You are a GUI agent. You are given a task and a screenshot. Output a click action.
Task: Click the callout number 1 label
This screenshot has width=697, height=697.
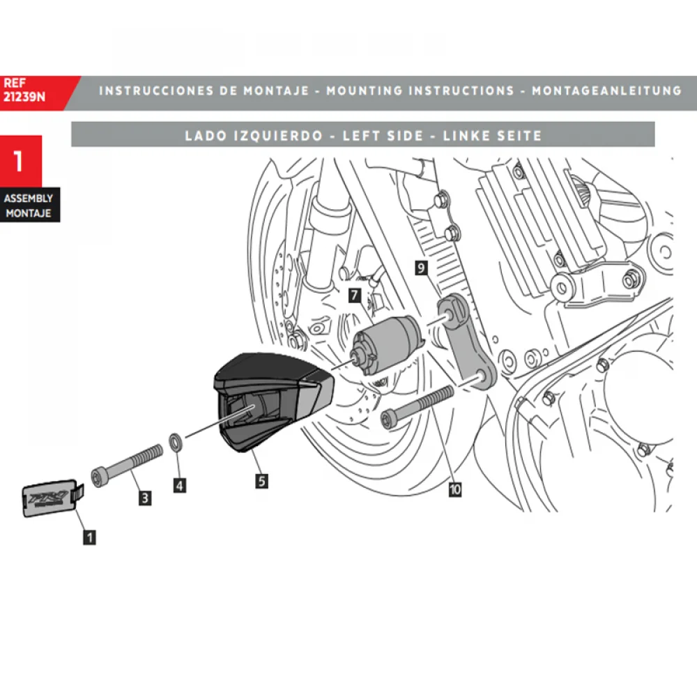89,537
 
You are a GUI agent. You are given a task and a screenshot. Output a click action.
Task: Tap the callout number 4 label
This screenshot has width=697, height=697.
180,485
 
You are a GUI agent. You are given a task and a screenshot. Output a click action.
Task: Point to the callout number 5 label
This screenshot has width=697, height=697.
261,480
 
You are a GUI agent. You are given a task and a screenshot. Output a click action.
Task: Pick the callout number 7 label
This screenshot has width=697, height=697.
354,296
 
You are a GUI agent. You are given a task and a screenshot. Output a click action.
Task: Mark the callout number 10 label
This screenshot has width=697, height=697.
454,489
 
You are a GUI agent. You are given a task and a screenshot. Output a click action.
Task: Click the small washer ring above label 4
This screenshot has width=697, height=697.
177,441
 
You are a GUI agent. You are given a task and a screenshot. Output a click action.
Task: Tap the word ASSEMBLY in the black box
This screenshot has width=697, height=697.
29,199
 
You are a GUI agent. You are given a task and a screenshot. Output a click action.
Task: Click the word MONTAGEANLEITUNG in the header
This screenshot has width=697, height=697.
606,91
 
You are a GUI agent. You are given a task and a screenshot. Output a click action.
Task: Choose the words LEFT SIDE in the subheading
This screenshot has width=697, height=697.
383,136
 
